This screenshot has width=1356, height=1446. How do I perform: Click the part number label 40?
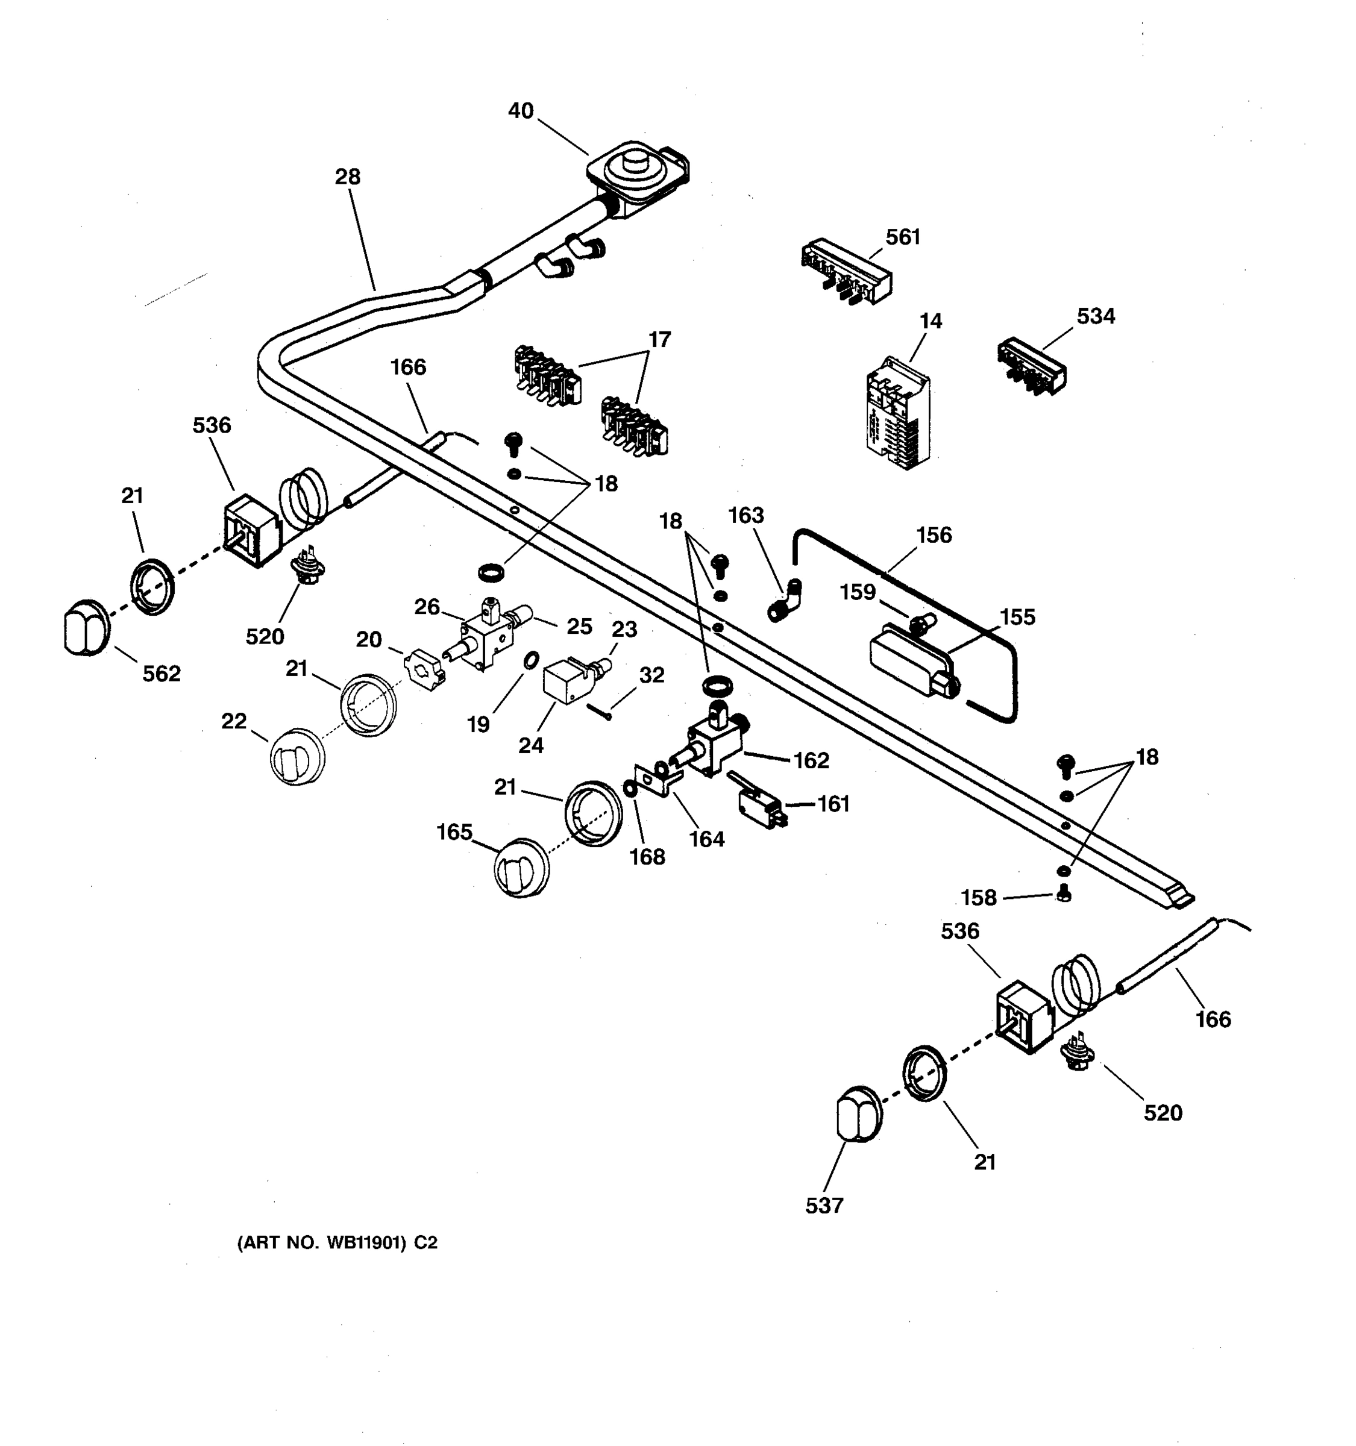[520, 111]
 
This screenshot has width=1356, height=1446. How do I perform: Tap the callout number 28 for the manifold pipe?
[348, 177]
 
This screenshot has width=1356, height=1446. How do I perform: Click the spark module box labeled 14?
[898, 413]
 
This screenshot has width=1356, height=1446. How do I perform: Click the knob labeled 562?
[86, 627]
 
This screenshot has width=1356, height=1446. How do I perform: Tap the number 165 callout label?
[454, 831]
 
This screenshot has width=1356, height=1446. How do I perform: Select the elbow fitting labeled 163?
[785, 601]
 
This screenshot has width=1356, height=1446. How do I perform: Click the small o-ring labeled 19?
[532, 660]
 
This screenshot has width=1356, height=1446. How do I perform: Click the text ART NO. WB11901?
[337, 1243]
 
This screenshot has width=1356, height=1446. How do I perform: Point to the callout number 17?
[659, 340]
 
